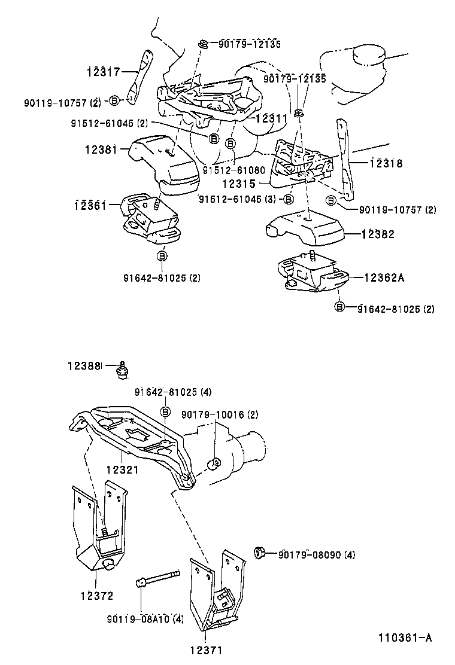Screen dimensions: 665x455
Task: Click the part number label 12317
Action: pyautogui.click(x=104, y=72)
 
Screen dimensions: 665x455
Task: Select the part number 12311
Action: pyautogui.click(x=271, y=118)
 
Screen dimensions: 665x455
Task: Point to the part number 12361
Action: pyautogui.click(x=91, y=205)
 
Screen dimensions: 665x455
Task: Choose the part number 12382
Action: pyautogui.click(x=378, y=234)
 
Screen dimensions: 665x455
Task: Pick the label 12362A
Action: pyautogui.click(x=385, y=277)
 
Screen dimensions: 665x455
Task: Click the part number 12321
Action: pyautogui.click(x=122, y=470)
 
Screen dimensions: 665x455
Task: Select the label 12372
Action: pyautogui.click(x=98, y=596)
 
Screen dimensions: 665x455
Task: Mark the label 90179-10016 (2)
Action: pyautogui.click(x=220, y=414)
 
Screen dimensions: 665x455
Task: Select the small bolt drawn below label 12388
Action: pyautogui.click(x=123, y=371)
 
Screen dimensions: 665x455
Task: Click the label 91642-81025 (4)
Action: pyautogui.click(x=172, y=392)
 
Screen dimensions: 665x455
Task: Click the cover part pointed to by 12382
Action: pyautogui.click(x=305, y=229)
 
